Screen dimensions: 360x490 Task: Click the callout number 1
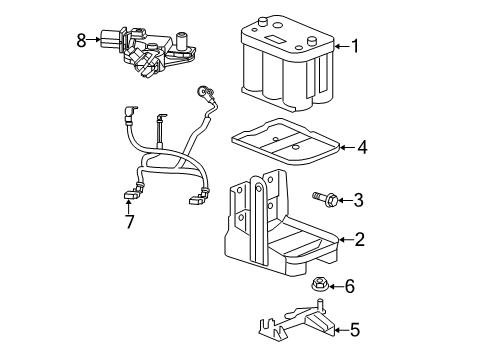tap(354, 45)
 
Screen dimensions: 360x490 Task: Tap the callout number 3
tap(359, 200)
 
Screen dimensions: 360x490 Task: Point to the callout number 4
tap(362, 148)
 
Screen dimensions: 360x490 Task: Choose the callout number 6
tap(349, 287)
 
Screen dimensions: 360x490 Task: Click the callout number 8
tap(82, 40)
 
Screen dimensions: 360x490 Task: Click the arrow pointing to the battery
tap(340, 45)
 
